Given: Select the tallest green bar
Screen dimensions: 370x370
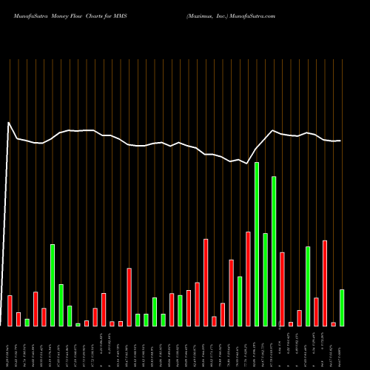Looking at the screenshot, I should [x=257, y=244].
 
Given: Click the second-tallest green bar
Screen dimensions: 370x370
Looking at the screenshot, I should [x=274, y=252].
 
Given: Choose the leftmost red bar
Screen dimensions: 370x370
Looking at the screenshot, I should [x=10, y=311].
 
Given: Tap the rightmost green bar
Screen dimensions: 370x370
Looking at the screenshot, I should [x=342, y=308].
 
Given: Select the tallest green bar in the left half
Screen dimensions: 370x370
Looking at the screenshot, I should [x=53, y=285].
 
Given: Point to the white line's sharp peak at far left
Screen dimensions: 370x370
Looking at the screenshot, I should [x=9, y=123].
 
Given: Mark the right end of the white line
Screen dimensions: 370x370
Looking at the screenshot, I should [x=340, y=141].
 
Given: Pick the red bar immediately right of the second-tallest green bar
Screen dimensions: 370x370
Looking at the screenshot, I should [x=282, y=289].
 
